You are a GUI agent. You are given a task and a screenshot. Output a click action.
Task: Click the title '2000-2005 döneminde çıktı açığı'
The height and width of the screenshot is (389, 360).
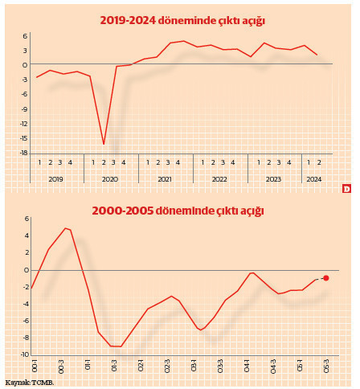pyautogui.click(x=177, y=211)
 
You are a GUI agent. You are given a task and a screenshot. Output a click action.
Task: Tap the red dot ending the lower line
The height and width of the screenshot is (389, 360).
pyautogui.click(x=325, y=278)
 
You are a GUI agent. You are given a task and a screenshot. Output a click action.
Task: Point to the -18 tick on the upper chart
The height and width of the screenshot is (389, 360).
pyautogui.click(x=24, y=153)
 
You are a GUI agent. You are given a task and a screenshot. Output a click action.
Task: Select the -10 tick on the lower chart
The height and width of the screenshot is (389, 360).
pyautogui.click(x=24, y=354)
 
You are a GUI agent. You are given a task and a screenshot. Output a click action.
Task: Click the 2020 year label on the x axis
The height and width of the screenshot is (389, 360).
pyautogui.click(x=110, y=178)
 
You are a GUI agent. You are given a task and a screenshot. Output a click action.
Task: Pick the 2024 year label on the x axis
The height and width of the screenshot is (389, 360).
pyautogui.click(x=314, y=178)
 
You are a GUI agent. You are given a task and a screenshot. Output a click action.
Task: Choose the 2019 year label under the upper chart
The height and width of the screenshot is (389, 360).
pyautogui.click(x=55, y=178)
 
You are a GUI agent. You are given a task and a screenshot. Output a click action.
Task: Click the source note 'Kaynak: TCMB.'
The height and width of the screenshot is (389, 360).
pyautogui.click(x=30, y=383)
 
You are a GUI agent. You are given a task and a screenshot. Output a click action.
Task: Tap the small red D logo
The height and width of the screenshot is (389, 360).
pyautogui.click(x=347, y=189)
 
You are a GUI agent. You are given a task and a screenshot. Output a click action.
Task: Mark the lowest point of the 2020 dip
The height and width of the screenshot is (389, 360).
pyautogui.click(x=104, y=144)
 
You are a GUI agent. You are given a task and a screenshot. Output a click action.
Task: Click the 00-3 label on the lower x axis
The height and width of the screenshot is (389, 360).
pyautogui.click(x=62, y=366)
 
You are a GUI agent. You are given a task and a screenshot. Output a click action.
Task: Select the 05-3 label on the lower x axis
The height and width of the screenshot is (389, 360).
pyautogui.click(x=326, y=366)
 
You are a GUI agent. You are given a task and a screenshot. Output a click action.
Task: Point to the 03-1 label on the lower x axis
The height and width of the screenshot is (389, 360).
pyautogui.click(x=194, y=366)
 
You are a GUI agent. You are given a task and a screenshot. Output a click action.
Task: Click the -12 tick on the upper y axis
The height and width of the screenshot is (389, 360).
pyautogui.click(x=24, y=124)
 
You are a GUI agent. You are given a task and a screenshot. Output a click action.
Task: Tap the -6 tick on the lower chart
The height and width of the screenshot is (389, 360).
pyautogui.click(x=26, y=321)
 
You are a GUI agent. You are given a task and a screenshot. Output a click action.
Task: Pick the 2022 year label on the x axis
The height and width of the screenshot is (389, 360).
pyautogui.click(x=219, y=178)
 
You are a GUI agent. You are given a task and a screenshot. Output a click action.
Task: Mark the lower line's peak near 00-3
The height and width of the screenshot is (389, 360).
pyautogui.click(x=66, y=228)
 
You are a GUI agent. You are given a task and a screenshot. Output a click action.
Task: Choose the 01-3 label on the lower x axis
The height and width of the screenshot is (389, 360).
pyautogui.click(x=115, y=366)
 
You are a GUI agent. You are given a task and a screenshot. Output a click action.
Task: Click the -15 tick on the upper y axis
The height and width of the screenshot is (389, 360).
pyautogui.click(x=24, y=138)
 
